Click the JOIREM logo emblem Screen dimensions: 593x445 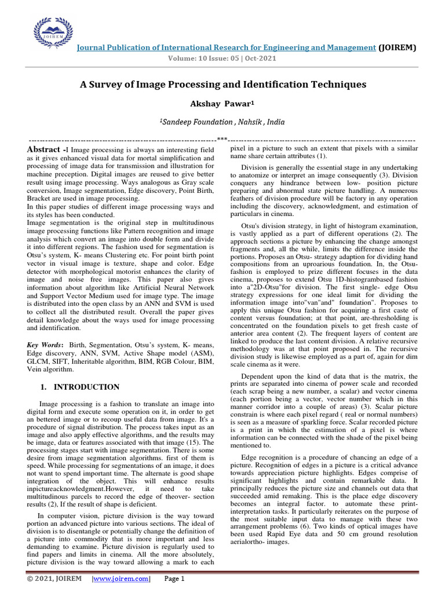point(54,32)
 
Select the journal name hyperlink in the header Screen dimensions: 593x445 point(227,47)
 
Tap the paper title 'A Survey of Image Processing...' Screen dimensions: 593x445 point(223,85)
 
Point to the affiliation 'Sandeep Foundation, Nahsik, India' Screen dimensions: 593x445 point(223,122)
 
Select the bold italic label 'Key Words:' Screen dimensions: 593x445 point(46,345)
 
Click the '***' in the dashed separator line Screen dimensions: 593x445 point(222,139)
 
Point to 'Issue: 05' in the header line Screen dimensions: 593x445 point(223,58)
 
